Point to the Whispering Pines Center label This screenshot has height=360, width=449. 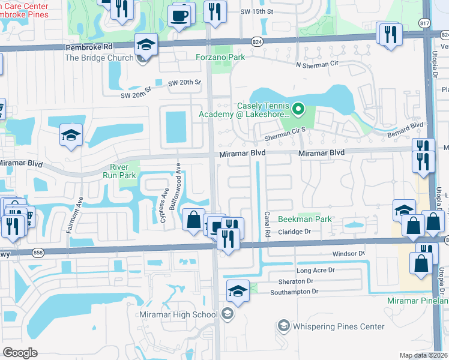click(339, 326)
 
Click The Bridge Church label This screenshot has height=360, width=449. click(98, 58)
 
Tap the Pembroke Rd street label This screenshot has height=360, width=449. click(22, 46)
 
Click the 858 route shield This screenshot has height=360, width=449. click(38, 252)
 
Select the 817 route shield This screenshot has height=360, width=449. click(424, 22)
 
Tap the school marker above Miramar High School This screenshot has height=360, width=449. click(238, 290)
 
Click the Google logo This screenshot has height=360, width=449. click(20, 352)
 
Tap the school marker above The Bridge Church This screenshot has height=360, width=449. click(145, 44)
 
